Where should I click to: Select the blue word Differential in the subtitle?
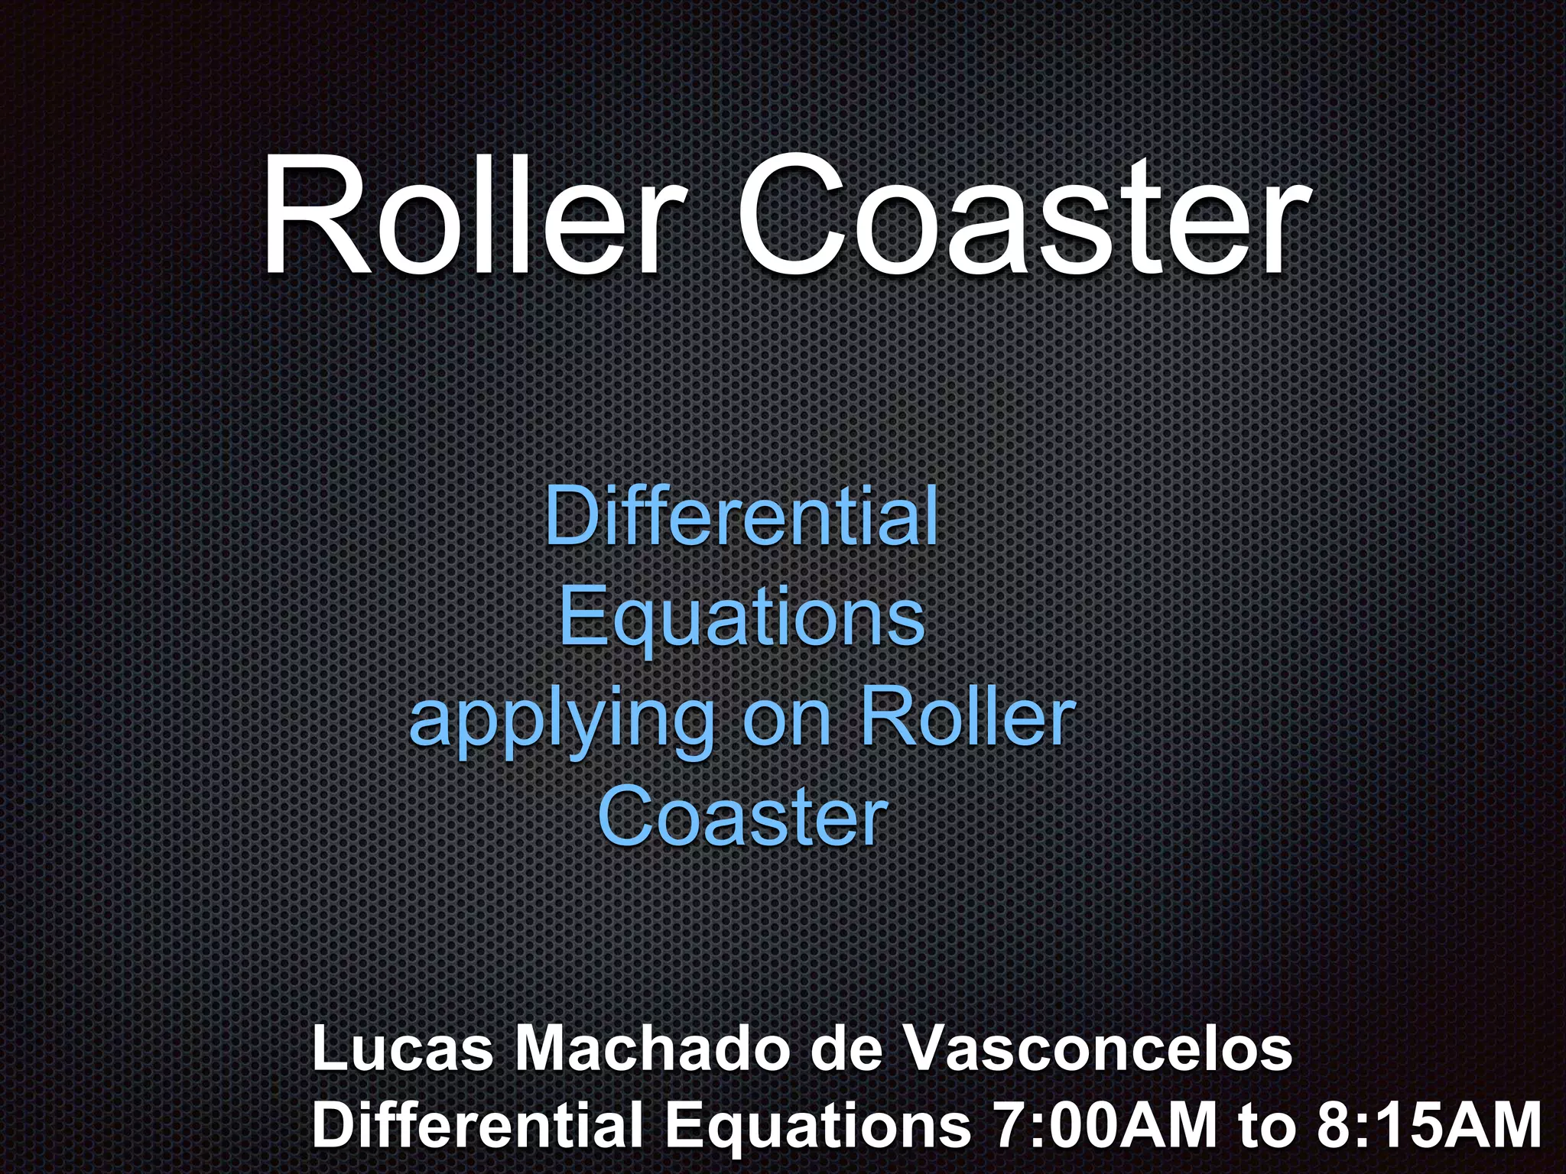point(741,517)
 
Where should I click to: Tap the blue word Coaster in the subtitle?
point(742,819)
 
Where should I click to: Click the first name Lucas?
point(403,1050)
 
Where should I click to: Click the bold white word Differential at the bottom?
point(478,1125)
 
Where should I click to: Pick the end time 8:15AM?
point(1430,1125)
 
